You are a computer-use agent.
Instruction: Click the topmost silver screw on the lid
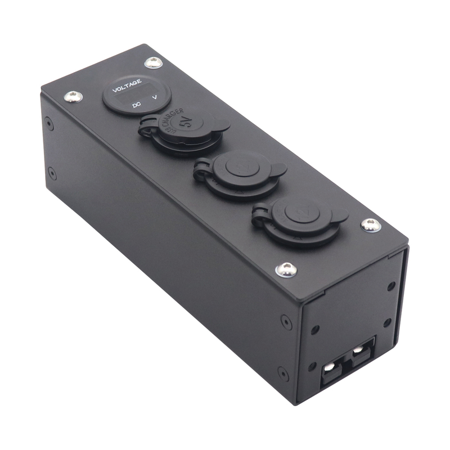(153, 62)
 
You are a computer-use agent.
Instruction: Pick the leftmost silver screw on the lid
(72, 96)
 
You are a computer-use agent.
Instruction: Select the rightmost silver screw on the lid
(370, 225)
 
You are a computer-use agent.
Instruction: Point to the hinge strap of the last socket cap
(260, 213)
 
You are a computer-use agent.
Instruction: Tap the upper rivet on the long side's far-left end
(50, 121)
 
